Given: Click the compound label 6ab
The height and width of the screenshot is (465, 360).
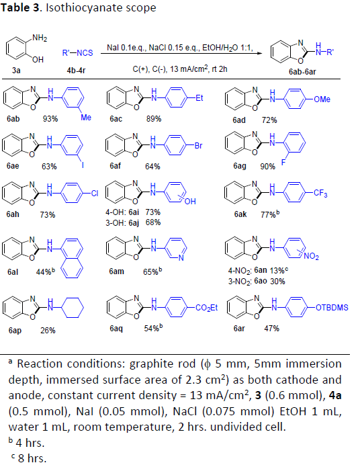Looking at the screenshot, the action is pyautogui.click(x=13, y=119).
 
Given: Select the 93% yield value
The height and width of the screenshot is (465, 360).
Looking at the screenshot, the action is pyautogui.click(x=50, y=119).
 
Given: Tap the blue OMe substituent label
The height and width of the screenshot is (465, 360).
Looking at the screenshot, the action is pyautogui.click(x=322, y=99).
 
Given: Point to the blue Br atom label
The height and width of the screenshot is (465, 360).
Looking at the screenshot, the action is pyautogui.click(x=198, y=146).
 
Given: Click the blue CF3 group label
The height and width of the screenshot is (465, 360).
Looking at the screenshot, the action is pyautogui.click(x=320, y=194).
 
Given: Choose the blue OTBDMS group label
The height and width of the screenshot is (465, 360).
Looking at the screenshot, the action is pyautogui.click(x=332, y=308).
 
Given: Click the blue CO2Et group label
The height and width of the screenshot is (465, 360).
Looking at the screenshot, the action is pyautogui.click(x=206, y=308).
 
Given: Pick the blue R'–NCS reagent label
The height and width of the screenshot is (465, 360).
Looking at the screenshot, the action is pyautogui.click(x=78, y=53).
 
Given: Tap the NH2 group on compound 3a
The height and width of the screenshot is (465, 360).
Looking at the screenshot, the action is pyautogui.click(x=40, y=38).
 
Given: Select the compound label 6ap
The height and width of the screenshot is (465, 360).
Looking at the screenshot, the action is pyautogui.click(x=15, y=331).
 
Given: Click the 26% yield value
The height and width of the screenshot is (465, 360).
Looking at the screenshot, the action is pyautogui.click(x=48, y=331).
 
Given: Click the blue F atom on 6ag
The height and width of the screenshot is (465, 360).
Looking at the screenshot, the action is pyautogui.click(x=283, y=162).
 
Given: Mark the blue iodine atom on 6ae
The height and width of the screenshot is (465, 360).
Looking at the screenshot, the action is pyautogui.click(x=83, y=165).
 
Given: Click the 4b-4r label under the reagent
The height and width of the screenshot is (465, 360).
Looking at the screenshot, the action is pyautogui.click(x=76, y=71).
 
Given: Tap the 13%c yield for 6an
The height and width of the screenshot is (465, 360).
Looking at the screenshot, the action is pyautogui.click(x=279, y=270).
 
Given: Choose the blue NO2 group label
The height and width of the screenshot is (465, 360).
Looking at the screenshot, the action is pyautogui.click(x=311, y=256).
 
